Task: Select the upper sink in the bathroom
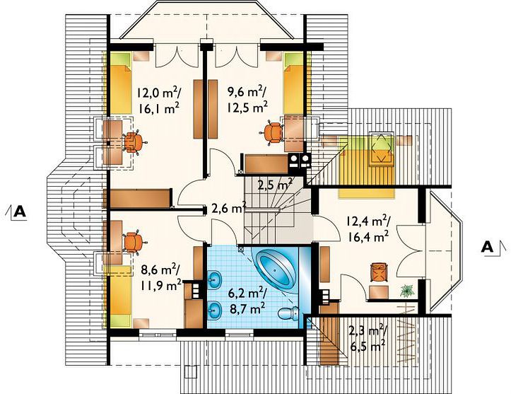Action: coord(215,280)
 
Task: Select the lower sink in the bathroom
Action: coord(215,310)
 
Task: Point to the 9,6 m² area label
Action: coord(247,92)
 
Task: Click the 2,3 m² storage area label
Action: coord(368,330)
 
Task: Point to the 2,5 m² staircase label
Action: coord(275,185)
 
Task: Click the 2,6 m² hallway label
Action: coord(228,208)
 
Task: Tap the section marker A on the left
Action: coord(16,213)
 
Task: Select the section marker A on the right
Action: coord(493,248)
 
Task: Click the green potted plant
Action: coord(407,290)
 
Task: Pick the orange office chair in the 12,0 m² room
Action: coord(134,142)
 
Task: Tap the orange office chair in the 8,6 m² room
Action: coord(134,242)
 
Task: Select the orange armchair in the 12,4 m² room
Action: coord(378,272)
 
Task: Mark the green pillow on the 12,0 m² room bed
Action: coord(121,59)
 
